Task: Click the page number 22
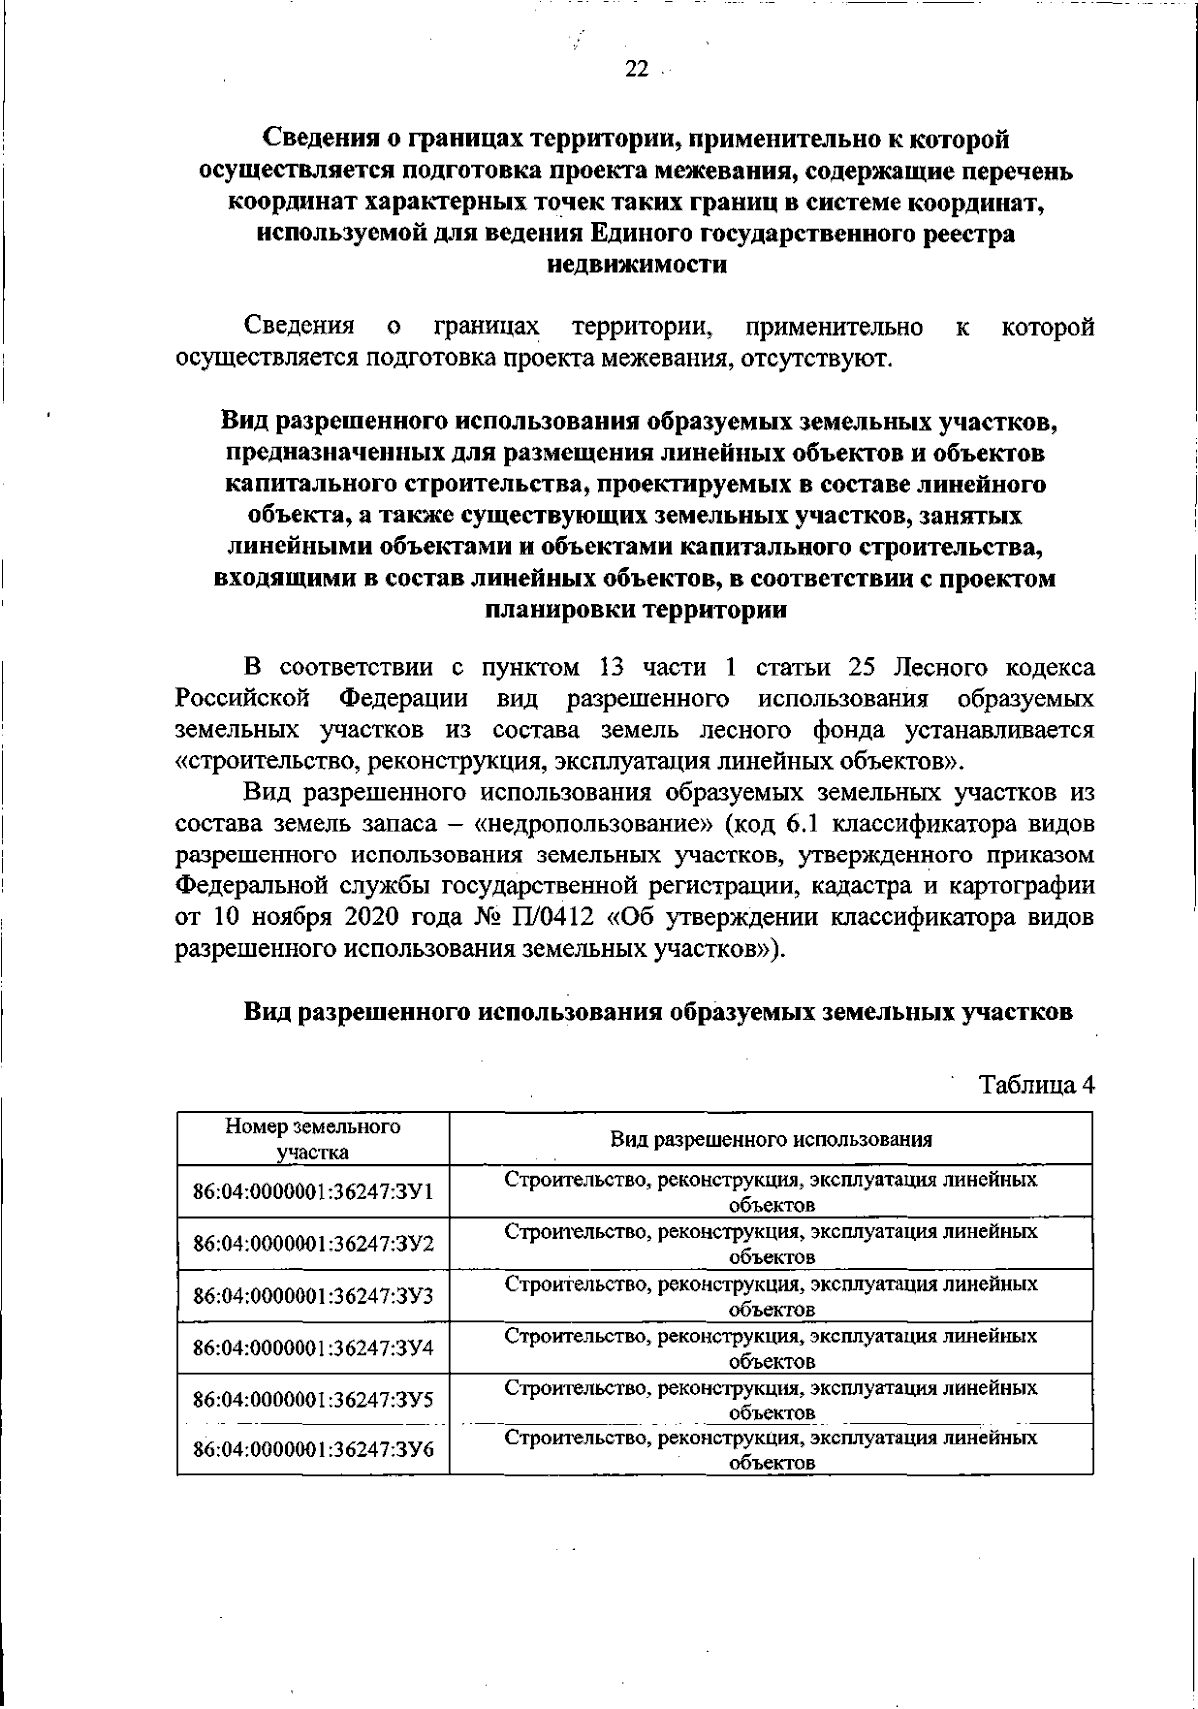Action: coord(636,69)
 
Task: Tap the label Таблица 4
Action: coord(1037,1085)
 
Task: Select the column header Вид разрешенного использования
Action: coord(771,1139)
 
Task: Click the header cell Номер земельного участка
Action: coord(312,1139)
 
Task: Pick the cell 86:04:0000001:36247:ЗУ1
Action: coord(312,1192)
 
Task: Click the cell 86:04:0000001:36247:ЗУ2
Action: coord(312,1244)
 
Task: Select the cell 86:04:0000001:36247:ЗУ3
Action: coord(312,1296)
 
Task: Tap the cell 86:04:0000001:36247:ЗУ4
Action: coord(312,1348)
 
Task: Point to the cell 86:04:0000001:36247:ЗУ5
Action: coord(312,1400)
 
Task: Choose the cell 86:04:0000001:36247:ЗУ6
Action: coord(312,1450)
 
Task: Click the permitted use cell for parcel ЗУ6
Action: coord(771,1450)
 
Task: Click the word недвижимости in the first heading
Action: coord(636,266)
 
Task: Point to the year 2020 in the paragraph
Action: coord(377,917)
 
